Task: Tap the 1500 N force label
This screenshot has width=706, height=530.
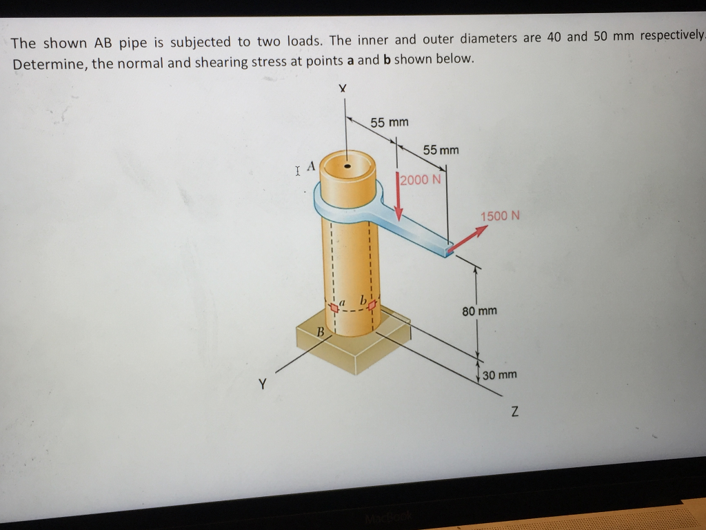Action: pyautogui.click(x=500, y=216)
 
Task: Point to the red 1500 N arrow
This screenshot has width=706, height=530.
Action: pyautogui.click(x=467, y=239)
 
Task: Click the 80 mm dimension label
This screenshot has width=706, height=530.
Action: pyautogui.click(x=479, y=311)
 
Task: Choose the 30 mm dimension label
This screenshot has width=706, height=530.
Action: pyautogui.click(x=500, y=375)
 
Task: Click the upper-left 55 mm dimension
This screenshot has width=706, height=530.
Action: pyautogui.click(x=390, y=123)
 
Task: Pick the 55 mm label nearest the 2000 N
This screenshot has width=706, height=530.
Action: pyautogui.click(x=441, y=150)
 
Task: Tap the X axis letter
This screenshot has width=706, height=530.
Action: pyautogui.click(x=343, y=89)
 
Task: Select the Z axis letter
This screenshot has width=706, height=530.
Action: pyautogui.click(x=514, y=413)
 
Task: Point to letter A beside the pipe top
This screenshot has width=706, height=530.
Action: pyautogui.click(x=311, y=166)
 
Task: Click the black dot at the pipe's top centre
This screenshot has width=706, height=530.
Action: pyautogui.click(x=348, y=166)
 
